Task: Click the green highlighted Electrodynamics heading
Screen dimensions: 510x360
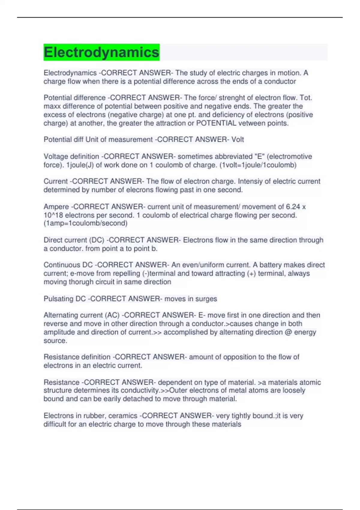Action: tap(101, 52)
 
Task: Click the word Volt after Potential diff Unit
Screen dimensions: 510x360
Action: tap(238, 139)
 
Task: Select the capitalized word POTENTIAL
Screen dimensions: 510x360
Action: tap(216, 123)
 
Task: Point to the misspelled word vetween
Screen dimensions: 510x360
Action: tap(251, 123)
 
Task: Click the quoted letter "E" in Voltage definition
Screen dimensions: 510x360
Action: tap(258, 157)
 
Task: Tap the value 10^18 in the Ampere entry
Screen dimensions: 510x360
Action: tap(53, 215)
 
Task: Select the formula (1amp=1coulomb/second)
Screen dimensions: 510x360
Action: tap(85, 223)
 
